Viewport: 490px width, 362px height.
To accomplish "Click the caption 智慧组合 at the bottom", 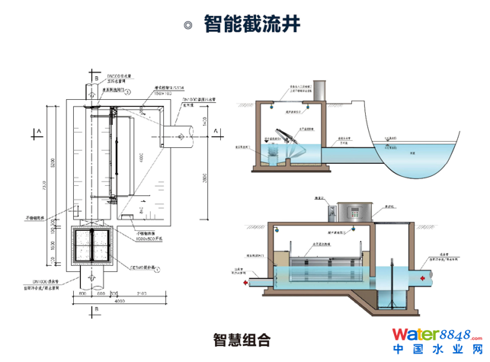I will tap(242, 340).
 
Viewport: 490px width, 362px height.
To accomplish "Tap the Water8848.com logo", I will tap(437, 334).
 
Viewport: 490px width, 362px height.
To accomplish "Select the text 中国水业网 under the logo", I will tap(437, 350).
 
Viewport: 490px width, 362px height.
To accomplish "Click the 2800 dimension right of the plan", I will tap(203, 179).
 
